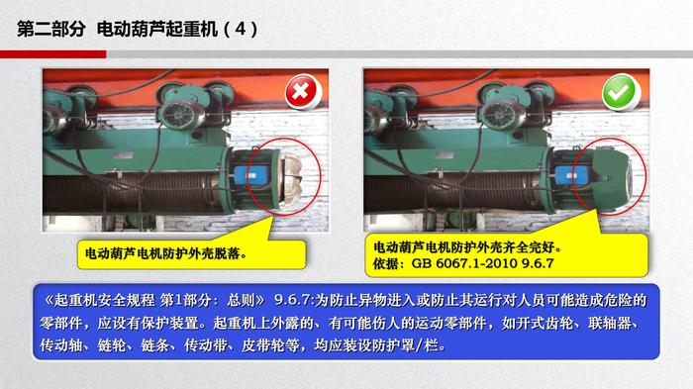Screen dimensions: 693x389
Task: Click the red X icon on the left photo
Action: [302, 91]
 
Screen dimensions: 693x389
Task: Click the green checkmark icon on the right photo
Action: [620, 91]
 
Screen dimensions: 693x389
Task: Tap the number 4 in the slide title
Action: [240, 29]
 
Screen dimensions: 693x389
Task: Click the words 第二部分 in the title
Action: [51, 29]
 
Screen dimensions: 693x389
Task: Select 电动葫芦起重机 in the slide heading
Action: [157, 29]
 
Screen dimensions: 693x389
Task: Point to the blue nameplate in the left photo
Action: [248, 176]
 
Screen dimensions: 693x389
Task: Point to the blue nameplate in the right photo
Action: [569, 176]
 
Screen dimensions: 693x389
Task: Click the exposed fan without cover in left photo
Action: [292, 179]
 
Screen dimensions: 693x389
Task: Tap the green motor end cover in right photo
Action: [611, 178]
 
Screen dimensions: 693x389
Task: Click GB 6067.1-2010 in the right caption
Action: [464, 263]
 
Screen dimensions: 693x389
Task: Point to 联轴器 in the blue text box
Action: [610, 323]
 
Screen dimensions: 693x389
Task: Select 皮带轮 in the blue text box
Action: [262, 345]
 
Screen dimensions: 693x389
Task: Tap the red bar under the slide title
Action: [53, 54]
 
